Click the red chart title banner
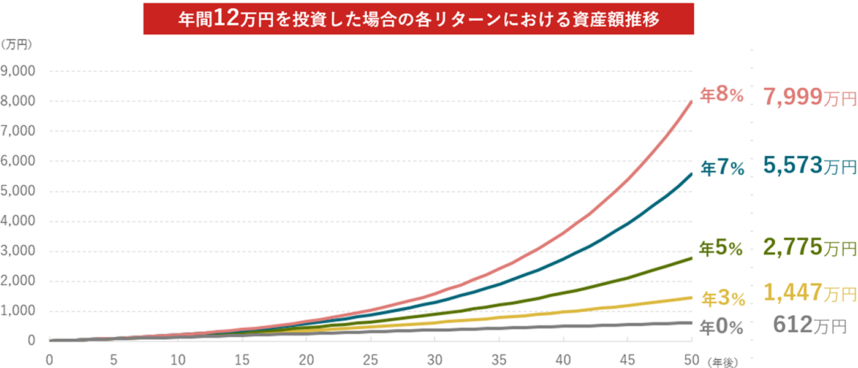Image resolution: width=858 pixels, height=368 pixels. [419, 19]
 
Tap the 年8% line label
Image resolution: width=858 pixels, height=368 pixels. [722, 95]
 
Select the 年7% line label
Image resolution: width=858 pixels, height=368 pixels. [722, 167]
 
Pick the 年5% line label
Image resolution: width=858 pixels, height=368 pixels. [722, 248]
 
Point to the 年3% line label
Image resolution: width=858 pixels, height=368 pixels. [723, 299]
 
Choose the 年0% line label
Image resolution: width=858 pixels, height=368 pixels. [723, 328]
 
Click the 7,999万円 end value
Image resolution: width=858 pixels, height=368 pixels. [809, 96]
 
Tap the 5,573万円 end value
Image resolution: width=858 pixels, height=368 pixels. [809, 166]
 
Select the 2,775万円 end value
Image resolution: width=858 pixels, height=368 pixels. [809, 247]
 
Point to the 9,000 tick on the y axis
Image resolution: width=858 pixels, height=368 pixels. [20, 71]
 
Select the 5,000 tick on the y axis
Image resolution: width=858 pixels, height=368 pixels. [20, 191]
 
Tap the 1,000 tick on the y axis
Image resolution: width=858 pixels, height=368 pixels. [20, 311]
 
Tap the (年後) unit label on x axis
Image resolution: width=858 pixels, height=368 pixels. [724, 361]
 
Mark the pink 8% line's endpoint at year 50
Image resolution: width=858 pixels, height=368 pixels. [692, 101]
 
